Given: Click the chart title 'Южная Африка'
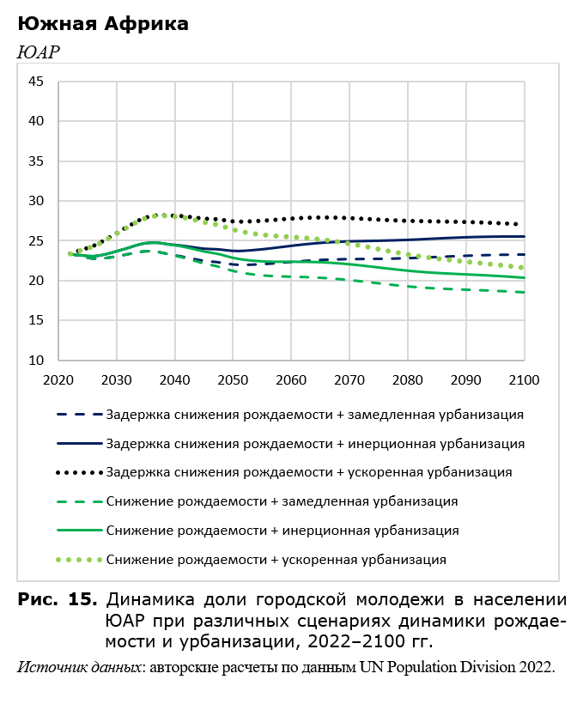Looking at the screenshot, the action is pyautogui.click(x=103, y=24).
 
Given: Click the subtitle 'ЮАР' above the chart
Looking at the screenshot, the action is pyautogui.click(x=39, y=52).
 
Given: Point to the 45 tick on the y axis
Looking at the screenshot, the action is pyautogui.click(x=36, y=82).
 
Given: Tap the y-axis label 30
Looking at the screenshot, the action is pyautogui.click(x=36, y=201).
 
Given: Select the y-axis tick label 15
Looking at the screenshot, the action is pyautogui.click(x=36, y=320).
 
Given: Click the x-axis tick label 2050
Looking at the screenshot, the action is pyautogui.click(x=233, y=380).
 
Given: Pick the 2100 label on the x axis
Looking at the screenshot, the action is pyautogui.click(x=524, y=380).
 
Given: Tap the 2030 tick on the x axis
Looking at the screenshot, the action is pyautogui.click(x=117, y=380).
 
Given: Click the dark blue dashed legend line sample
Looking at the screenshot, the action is pyautogui.click(x=79, y=415).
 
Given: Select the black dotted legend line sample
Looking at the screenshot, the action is pyautogui.click(x=79, y=473).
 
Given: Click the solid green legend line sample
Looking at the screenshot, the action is pyautogui.click(x=79, y=531).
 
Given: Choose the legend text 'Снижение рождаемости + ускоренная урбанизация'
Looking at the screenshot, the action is pyautogui.click(x=276, y=560).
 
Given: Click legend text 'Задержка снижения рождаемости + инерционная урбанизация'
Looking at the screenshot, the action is pyautogui.click(x=315, y=444).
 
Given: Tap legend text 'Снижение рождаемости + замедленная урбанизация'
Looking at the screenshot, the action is pyautogui.click(x=282, y=501).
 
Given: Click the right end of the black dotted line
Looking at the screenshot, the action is pyautogui.click(x=517, y=224).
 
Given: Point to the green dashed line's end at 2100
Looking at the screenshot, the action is pyautogui.click(x=524, y=293).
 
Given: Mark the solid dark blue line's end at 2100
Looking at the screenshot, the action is pyautogui.click(x=524, y=236).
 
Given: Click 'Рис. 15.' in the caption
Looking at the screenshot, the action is pyautogui.click(x=58, y=599).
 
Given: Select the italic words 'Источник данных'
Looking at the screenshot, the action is pyautogui.click(x=79, y=667).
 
